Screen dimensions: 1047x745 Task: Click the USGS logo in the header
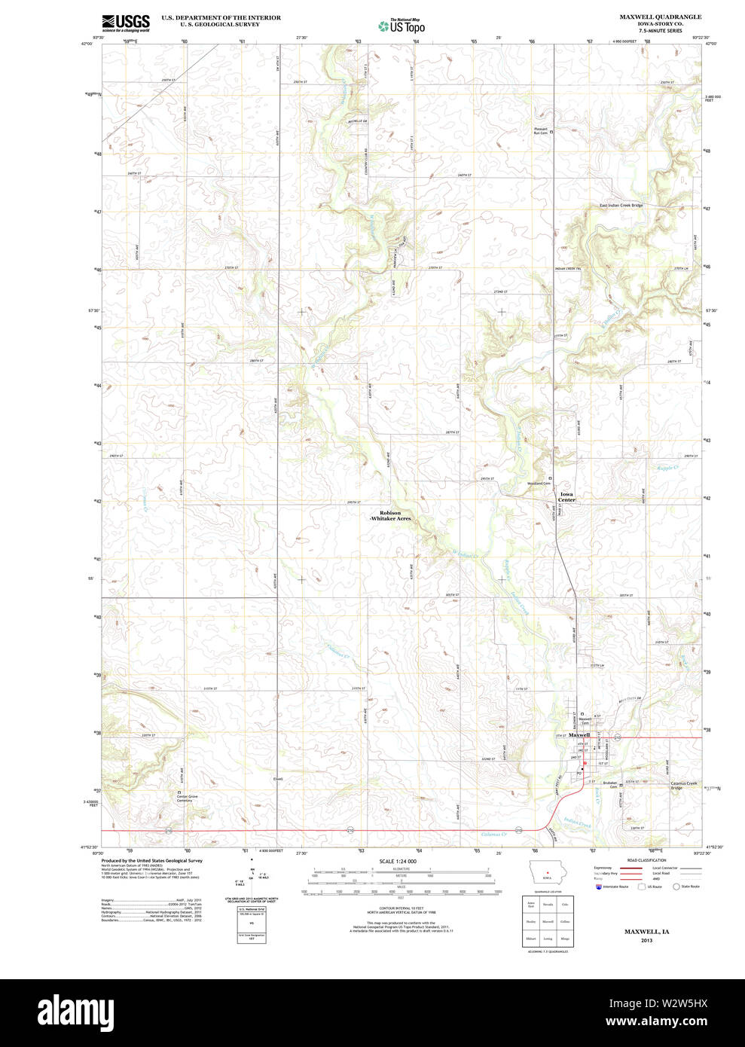[126, 23]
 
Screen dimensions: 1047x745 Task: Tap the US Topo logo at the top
[402, 26]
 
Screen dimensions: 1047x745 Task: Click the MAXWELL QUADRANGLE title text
[660, 17]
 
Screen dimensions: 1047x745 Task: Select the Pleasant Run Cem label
[540, 131]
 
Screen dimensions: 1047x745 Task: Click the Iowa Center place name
[566, 497]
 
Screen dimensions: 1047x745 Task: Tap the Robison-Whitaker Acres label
[390, 516]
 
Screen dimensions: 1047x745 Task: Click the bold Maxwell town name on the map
[579, 734]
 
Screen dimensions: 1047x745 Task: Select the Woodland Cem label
[539, 483]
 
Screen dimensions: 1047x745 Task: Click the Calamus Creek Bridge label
[684, 786]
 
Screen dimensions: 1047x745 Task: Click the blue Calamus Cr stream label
[493, 834]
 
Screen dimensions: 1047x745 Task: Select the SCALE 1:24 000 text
[398, 861]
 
